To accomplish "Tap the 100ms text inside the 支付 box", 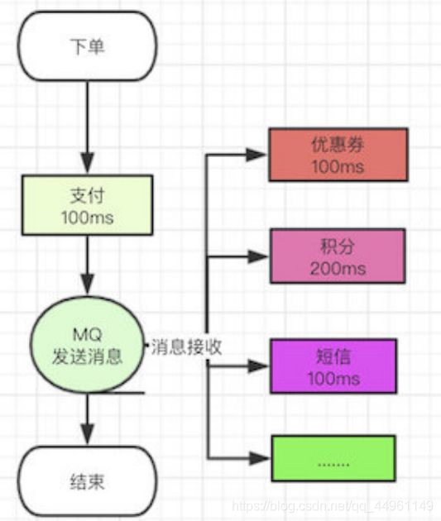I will tap(87, 219).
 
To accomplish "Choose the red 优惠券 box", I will tap(338, 155).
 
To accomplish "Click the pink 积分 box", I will tap(338, 256).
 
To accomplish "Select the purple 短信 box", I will tap(338, 366).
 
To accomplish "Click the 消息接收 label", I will tap(186, 348).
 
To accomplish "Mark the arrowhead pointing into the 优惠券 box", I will tap(258, 155).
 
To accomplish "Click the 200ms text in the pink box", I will tap(338, 268).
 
